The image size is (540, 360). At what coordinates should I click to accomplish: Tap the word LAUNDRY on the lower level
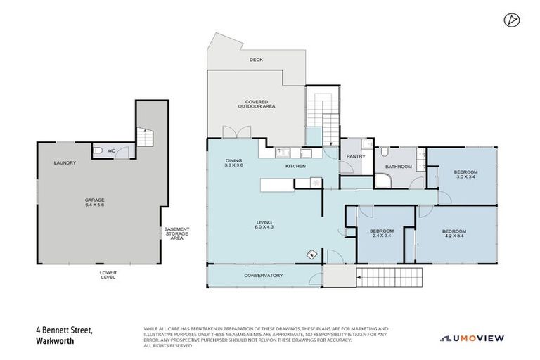pos(65,163)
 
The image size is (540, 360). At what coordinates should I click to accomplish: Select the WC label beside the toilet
pos(111,150)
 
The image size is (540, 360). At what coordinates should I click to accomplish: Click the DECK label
pos(256,60)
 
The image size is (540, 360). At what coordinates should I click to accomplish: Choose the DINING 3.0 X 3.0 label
pos(234,162)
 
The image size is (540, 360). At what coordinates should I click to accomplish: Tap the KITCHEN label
pos(295,167)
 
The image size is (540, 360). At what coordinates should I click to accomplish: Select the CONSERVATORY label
pos(263,275)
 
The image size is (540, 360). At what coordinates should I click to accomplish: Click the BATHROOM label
pos(397,167)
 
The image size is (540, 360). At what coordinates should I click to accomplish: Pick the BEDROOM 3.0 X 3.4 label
pos(465,174)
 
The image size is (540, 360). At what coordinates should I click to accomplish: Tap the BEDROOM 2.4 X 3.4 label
pos(382,233)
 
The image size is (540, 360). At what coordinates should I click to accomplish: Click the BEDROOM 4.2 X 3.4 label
pos(454,233)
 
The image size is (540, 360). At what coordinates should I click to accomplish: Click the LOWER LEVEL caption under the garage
pos(108,274)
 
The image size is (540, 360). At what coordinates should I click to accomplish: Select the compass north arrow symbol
pos(511,20)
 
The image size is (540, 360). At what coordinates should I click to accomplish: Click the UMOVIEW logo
pos(472,338)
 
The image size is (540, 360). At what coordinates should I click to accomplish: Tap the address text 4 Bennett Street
pos(64,329)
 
